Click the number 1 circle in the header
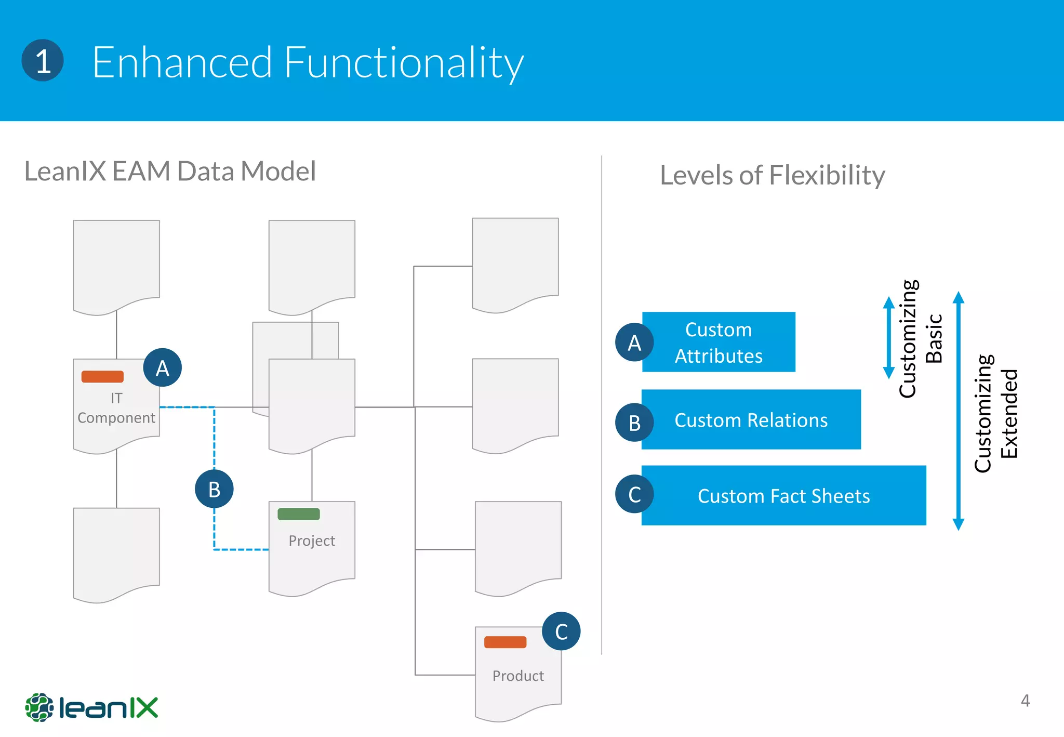(43, 60)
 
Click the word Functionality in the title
(404, 62)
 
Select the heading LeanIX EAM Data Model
(170, 171)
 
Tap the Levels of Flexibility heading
(772, 175)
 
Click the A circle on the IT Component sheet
(162, 367)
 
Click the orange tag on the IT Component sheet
(102, 376)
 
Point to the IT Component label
(116, 408)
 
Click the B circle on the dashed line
(214, 489)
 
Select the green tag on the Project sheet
(299, 514)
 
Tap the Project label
(312, 541)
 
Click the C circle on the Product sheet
(561, 631)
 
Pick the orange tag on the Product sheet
(505, 642)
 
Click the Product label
(518, 676)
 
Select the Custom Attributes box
(719, 342)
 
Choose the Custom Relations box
(751, 419)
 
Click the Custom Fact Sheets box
(783, 495)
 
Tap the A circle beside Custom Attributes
(634, 343)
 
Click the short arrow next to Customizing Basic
(889, 338)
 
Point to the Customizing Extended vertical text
(995, 414)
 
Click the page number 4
(1025, 701)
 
